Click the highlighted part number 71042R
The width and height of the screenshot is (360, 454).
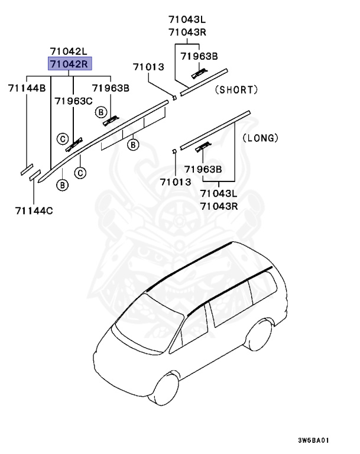tap(70, 64)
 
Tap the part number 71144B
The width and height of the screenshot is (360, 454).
tap(27, 88)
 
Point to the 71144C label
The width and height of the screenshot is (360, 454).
tap(34, 210)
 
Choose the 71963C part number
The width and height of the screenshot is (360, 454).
tap(73, 101)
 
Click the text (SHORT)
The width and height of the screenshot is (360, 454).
tap(236, 90)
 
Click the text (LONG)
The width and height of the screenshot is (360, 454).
tap(260, 138)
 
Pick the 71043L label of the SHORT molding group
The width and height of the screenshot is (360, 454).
tap(187, 21)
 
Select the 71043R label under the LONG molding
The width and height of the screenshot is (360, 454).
tap(219, 206)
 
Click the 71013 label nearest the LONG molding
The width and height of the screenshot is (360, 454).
tap(174, 181)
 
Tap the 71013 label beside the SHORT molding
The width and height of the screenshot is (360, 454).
tap(148, 67)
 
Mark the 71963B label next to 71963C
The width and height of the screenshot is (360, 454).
tap(110, 88)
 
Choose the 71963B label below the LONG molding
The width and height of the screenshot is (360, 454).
tap(202, 170)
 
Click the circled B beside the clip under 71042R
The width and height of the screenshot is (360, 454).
tap(101, 112)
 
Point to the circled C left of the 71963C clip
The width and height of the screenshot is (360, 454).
tap(62, 139)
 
